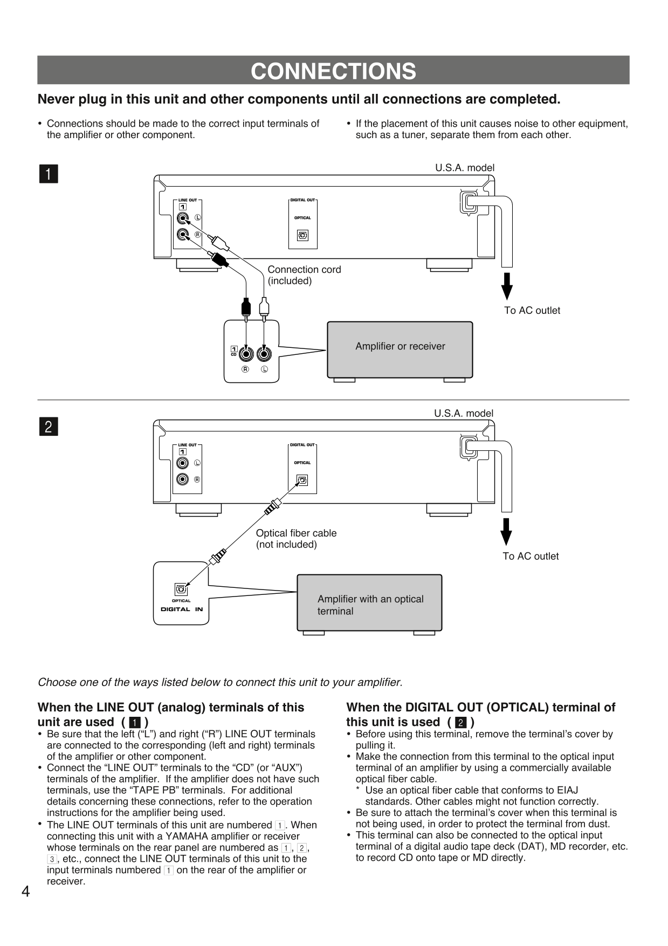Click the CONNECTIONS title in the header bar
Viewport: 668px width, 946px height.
(333, 71)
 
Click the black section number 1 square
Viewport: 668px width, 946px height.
(49, 174)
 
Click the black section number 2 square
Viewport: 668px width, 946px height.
(49, 427)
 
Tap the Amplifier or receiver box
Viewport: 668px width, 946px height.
(400, 349)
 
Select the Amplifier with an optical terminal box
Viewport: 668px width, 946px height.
(369, 602)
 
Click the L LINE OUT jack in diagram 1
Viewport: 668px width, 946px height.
(183, 218)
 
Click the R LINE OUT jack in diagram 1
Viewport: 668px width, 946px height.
(183, 235)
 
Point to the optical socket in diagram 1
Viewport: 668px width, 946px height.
(302, 236)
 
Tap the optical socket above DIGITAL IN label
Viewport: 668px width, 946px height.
(181, 589)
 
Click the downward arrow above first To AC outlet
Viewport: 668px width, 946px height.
(506, 286)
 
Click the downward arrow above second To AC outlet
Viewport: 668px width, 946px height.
(506, 532)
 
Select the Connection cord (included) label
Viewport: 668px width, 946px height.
(304, 275)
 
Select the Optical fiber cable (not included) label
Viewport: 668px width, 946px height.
(296, 539)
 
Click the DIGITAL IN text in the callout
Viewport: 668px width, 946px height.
(182, 609)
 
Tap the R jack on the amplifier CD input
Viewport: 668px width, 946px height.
(246, 354)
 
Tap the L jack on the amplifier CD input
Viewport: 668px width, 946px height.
(264, 354)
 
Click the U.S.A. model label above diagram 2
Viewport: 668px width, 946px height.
(464, 414)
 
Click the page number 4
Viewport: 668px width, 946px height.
(25, 892)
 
